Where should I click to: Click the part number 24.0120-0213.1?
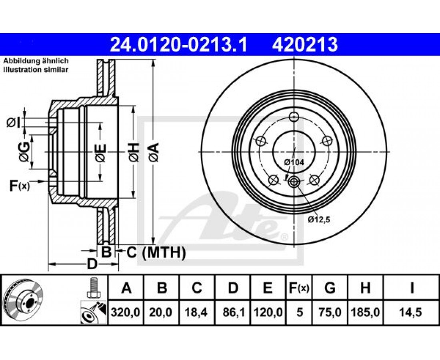(178, 45)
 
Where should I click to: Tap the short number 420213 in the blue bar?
(304, 45)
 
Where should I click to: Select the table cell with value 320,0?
(126, 312)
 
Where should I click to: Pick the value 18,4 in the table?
(197, 312)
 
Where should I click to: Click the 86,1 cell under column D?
(233, 312)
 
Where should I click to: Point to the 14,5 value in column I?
(411, 312)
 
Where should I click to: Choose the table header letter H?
(365, 288)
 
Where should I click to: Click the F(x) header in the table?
(299, 288)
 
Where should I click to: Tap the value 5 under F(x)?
(300, 312)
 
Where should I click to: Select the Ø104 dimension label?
(294, 162)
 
